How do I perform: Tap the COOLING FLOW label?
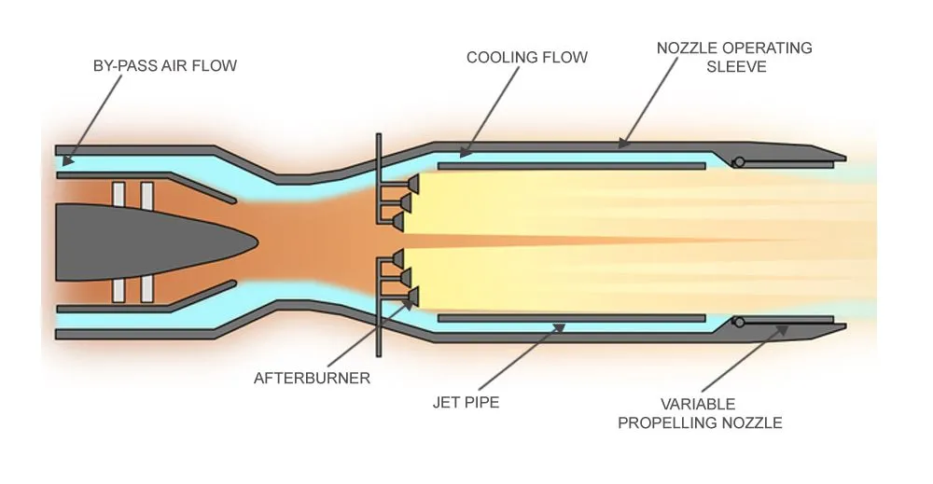pyautogui.click(x=527, y=57)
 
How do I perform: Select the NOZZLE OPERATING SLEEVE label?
pyautogui.click(x=733, y=57)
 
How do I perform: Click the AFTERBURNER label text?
pyautogui.click(x=313, y=378)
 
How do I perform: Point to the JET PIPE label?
pyautogui.click(x=466, y=403)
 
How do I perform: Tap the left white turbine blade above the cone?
pyautogui.click(x=118, y=193)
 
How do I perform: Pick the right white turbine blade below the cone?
pyautogui.click(x=147, y=289)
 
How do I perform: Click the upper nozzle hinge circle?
pyautogui.click(x=738, y=162)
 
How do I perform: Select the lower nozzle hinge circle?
pyautogui.click(x=738, y=323)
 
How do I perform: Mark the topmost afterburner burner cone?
pyautogui.click(x=410, y=185)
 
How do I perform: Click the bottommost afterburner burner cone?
pyautogui.click(x=410, y=297)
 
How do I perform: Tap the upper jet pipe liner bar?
pyautogui.click(x=570, y=166)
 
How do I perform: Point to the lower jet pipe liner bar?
pyautogui.click(x=570, y=318)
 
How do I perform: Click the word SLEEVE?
pyautogui.click(x=733, y=66)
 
